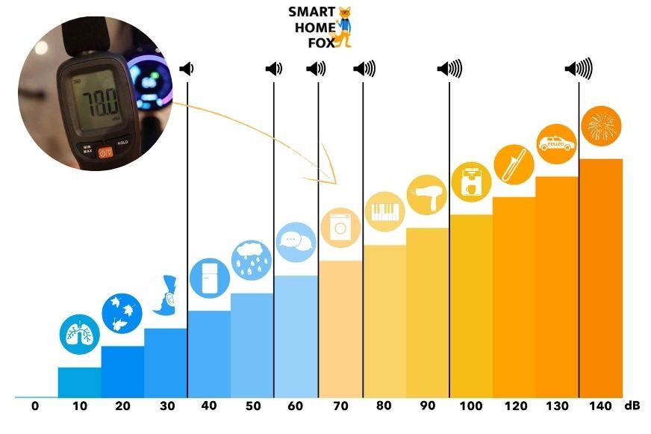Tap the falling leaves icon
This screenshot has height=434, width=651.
tap(122, 313)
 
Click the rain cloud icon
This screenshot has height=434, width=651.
tap(252, 260)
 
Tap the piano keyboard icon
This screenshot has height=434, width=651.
tap(384, 211)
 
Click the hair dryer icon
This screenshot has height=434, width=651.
tap(426, 194)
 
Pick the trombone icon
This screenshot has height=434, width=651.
tap(514, 164)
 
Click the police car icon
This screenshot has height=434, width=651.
tap(557, 142)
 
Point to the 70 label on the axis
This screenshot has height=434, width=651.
tap(340, 406)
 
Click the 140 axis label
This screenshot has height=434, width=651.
tap(599, 406)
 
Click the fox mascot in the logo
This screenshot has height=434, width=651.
tap(344, 27)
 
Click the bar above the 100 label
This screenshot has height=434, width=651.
tap(470, 306)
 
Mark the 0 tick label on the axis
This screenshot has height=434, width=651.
tap(35, 406)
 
